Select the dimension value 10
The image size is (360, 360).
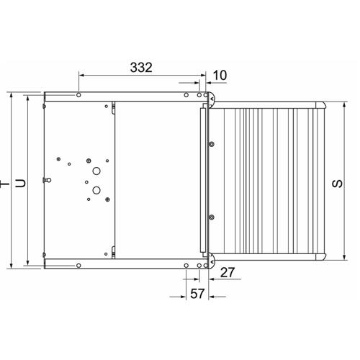220,74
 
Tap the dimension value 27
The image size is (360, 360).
227,272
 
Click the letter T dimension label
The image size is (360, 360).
6,183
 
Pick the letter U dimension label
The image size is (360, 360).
21,183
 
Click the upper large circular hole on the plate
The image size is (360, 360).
95,172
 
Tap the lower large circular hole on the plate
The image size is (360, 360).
95,191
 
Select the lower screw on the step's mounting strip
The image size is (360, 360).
212,215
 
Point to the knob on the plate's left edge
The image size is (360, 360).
48,179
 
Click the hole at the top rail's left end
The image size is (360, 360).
78,95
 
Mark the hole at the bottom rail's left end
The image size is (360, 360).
78,265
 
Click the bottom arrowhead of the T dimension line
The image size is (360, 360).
12,266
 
